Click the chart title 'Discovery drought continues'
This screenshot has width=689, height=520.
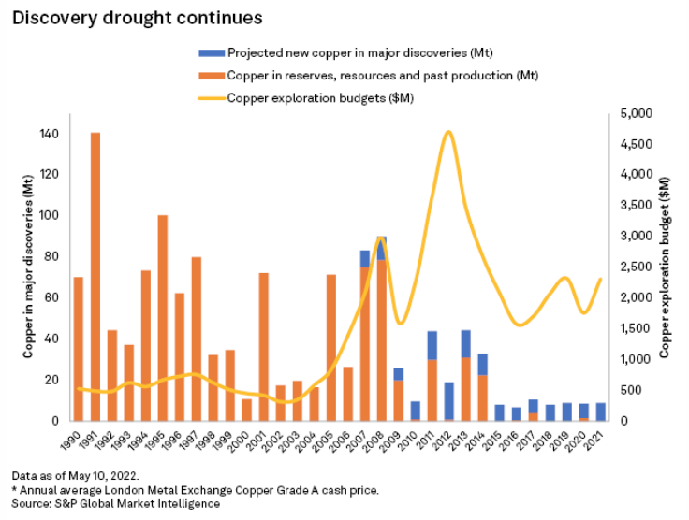click(137, 18)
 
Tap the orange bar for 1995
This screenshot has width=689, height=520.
click(163, 318)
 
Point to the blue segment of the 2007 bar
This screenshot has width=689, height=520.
click(365, 258)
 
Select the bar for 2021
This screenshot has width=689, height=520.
click(601, 412)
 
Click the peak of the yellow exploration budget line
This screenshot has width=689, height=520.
click(449, 132)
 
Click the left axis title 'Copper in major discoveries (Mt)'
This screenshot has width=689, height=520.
click(28, 271)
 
